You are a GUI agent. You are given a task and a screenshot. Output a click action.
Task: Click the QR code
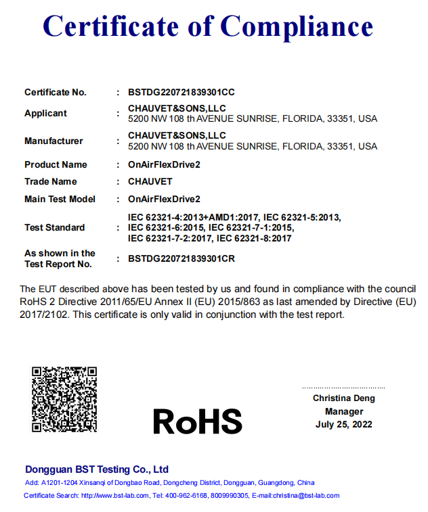[64, 399]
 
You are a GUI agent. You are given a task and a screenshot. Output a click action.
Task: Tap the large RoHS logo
[197, 421]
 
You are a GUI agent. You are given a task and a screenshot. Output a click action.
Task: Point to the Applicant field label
[45, 113]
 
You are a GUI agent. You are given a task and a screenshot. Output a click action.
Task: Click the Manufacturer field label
[53, 141]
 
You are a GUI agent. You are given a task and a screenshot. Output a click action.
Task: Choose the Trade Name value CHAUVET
[150, 181]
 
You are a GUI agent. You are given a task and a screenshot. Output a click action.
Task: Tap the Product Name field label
[56, 164]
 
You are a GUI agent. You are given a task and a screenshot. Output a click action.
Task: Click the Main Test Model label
[60, 199]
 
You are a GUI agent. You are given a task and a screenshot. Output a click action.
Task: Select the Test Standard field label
[54, 227]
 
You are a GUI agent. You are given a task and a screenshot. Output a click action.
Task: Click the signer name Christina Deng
[343, 398]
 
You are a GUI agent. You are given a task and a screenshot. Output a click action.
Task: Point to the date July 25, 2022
[343, 425]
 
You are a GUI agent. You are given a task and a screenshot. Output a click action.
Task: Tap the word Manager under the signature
[343, 411]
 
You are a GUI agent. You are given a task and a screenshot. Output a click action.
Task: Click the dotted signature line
[343, 388]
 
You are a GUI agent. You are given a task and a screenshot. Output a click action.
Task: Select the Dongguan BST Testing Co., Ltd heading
[97, 469]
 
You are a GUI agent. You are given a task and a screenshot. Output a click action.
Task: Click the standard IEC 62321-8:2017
[254, 238]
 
